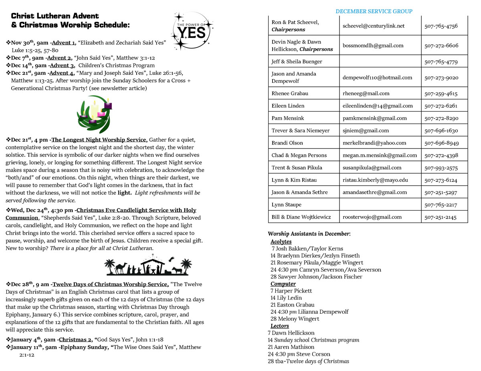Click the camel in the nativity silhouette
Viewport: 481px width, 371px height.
[121, 266]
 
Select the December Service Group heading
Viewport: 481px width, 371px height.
[374, 11]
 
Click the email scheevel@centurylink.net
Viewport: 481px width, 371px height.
[374, 26]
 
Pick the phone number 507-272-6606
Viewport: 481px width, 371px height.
[441, 46]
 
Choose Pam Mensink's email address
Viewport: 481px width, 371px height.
[374, 118]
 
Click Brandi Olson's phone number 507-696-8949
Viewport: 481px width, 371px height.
[441, 143]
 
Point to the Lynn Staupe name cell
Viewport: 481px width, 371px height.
[286, 205]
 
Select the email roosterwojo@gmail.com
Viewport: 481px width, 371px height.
[372, 217]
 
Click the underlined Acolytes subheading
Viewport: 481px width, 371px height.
[281, 241]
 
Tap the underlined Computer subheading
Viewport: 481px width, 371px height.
[283, 284]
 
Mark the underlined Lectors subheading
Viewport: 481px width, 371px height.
[280, 326]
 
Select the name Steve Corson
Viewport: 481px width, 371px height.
[313, 354]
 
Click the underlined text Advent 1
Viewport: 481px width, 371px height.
[63, 43]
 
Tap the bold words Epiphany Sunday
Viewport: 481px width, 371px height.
[85, 347]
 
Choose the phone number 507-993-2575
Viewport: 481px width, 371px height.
[441, 168]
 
